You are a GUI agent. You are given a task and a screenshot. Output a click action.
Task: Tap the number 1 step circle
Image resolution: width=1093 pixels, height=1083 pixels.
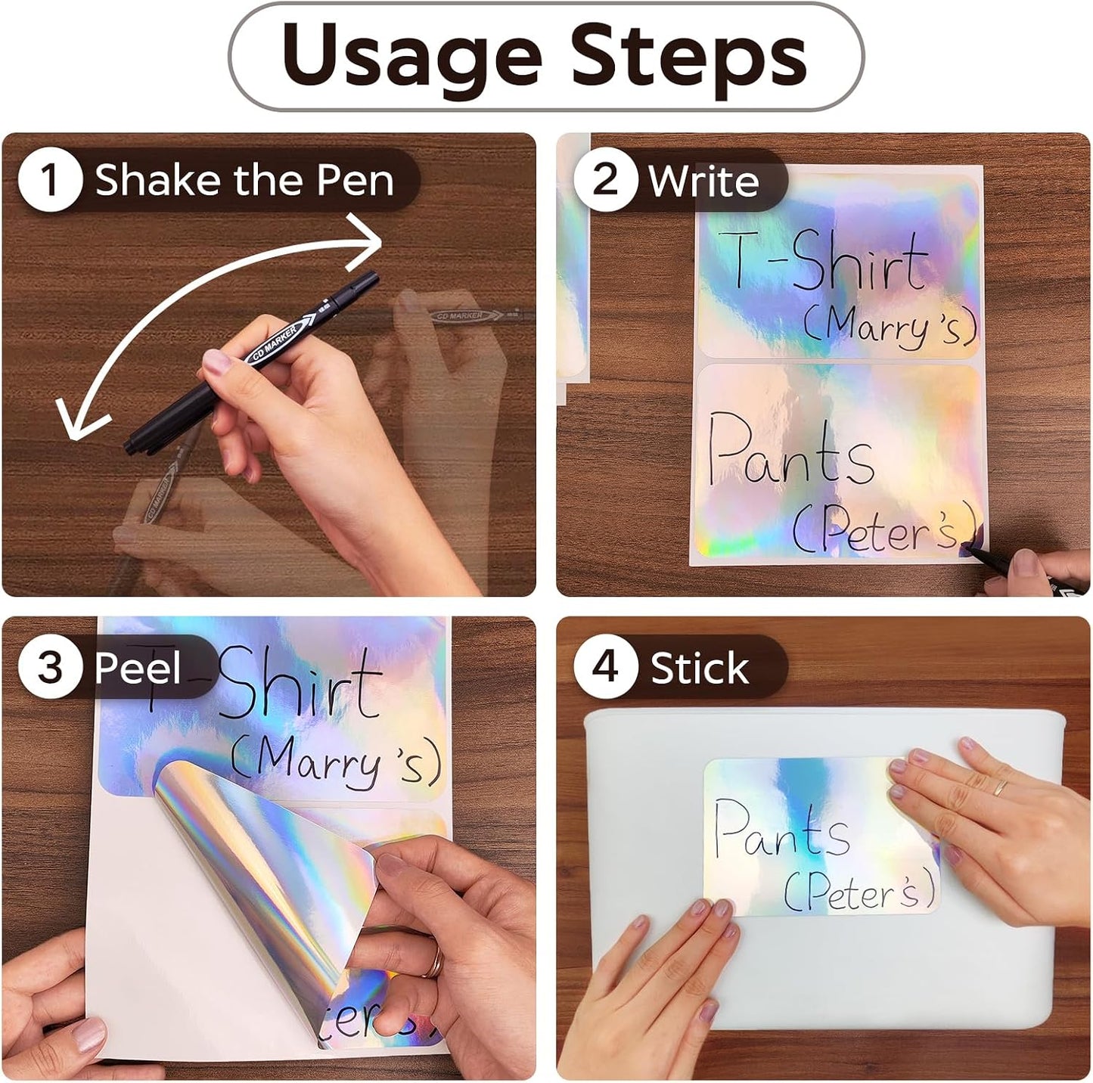point(51,180)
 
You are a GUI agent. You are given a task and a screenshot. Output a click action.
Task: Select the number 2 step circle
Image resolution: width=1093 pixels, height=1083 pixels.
point(605,180)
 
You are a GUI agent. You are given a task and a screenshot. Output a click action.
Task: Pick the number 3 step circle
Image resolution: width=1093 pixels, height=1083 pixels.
point(51,666)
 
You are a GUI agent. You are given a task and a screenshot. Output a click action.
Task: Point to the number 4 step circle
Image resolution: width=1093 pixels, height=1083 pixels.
point(605,666)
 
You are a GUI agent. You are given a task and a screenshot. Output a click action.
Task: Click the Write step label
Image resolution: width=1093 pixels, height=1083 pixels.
point(704,182)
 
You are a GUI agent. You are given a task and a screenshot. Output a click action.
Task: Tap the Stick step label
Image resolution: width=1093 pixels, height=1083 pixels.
point(700,668)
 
